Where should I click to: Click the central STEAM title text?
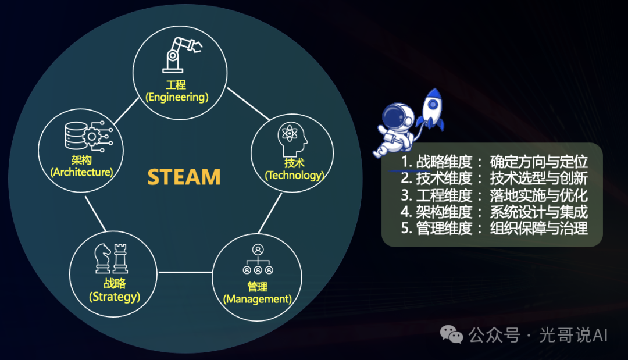pyautogui.click(x=184, y=176)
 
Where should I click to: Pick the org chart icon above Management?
pyautogui.click(x=258, y=259)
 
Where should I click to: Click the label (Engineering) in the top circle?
pyautogui.click(x=177, y=97)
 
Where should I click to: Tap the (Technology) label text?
pyautogui.click(x=294, y=175)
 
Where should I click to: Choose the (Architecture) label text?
pyautogui.click(x=82, y=172)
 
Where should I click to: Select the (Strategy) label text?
pyautogui.click(x=115, y=297)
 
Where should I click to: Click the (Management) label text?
pyautogui.click(x=257, y=299)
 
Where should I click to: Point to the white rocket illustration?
pyautogui.click(x=431, y=109)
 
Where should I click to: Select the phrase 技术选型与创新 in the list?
pyautogui.click(x=538, y=179)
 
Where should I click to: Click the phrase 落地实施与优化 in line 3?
pyautogui.click(x=538, y=195)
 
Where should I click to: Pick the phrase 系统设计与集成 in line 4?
pyautogui.click(x=538, y=212)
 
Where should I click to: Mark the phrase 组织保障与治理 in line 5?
pyautogui.click(x=538, y=228)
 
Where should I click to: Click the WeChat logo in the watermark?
pyautogui.click(x=452, y=334)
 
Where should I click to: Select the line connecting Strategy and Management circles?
pyautogui.click(x=185, y=272)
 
